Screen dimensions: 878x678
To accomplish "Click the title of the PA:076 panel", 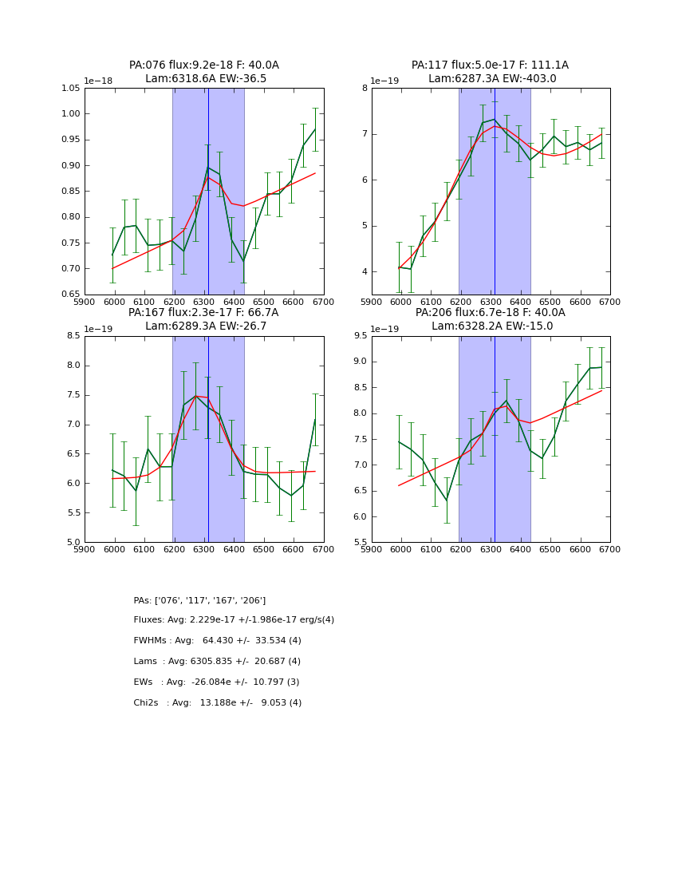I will click(204, 72).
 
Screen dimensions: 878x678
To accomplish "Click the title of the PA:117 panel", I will click(491, 72).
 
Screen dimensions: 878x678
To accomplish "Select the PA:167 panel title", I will click(204, 319).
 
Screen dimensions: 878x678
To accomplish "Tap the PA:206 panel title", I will click(491, 319).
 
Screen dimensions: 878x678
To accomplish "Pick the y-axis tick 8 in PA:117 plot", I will click(365, 88).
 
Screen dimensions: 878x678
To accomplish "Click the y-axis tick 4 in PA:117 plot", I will click(365, 272).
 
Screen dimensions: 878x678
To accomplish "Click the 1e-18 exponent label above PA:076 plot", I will click(98, 81).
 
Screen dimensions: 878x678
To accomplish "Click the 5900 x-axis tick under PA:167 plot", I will click(85, 549).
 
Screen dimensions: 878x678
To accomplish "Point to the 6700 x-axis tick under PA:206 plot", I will click(610, 549).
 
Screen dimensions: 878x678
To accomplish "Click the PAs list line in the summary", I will click(199, 600).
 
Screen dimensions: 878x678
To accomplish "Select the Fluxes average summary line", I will click(234, 620).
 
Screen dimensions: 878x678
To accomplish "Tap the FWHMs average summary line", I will click(217, 641).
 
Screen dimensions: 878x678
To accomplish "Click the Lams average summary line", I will click(217, 662).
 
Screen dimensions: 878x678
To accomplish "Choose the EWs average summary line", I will click(216, 682).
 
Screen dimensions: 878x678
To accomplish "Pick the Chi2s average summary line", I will click(217, 703).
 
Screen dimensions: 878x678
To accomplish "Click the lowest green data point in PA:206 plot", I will click(447, 500).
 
